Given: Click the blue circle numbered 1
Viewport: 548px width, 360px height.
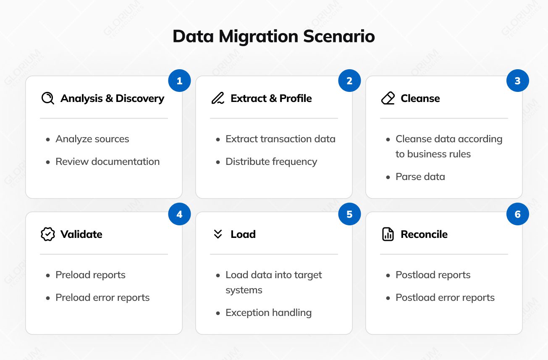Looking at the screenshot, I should tap(179, 81).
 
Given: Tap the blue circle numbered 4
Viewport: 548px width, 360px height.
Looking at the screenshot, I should tap(179, 214).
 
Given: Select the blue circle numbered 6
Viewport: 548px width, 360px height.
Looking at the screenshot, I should tap(517, 214).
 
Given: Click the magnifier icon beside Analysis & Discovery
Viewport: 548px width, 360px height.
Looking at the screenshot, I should tap(48, 99).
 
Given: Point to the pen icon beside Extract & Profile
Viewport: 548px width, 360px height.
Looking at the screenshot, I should tap(218, 99).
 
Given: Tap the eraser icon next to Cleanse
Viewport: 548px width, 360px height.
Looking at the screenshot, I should tap(388, 99).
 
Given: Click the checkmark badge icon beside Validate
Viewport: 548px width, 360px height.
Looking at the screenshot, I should tap(48, 234).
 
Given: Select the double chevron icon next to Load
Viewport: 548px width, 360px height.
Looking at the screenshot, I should tap(218, 234).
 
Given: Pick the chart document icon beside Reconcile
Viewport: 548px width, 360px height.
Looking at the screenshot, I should tap(388, 234).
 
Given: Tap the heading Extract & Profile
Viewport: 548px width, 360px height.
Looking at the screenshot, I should tap(271, 99).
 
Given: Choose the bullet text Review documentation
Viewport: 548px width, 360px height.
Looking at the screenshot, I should tap(108, 162).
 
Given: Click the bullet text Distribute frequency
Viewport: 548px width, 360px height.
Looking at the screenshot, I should tap(271, 162).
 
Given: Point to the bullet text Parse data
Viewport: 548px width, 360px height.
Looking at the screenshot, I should tap(420, 177).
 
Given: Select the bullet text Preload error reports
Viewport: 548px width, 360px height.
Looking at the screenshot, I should tap(102, 297).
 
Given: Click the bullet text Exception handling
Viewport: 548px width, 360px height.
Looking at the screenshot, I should tap(268, 313).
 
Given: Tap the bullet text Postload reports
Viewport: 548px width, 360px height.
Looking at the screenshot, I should tap(433, 275).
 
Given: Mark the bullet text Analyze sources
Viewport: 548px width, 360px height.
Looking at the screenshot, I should tap(92, 139).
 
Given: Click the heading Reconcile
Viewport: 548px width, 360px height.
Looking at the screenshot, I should tap(424, 234).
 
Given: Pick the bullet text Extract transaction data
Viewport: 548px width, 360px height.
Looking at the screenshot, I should tap(281, 139).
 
